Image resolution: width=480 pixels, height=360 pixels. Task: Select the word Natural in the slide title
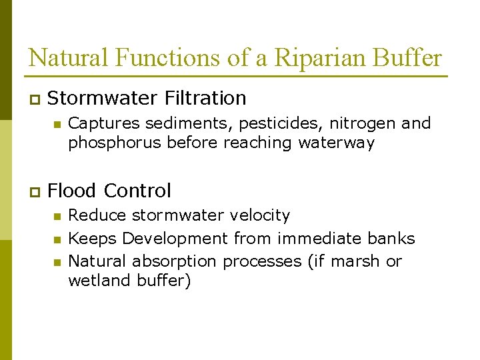click(x=69, y=58)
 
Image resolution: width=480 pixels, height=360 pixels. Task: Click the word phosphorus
click(x=115, y=143)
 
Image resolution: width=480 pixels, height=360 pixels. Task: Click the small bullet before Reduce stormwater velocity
click(x=57, y=216)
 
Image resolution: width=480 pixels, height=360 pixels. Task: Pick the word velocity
click(x=259, y=215)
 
